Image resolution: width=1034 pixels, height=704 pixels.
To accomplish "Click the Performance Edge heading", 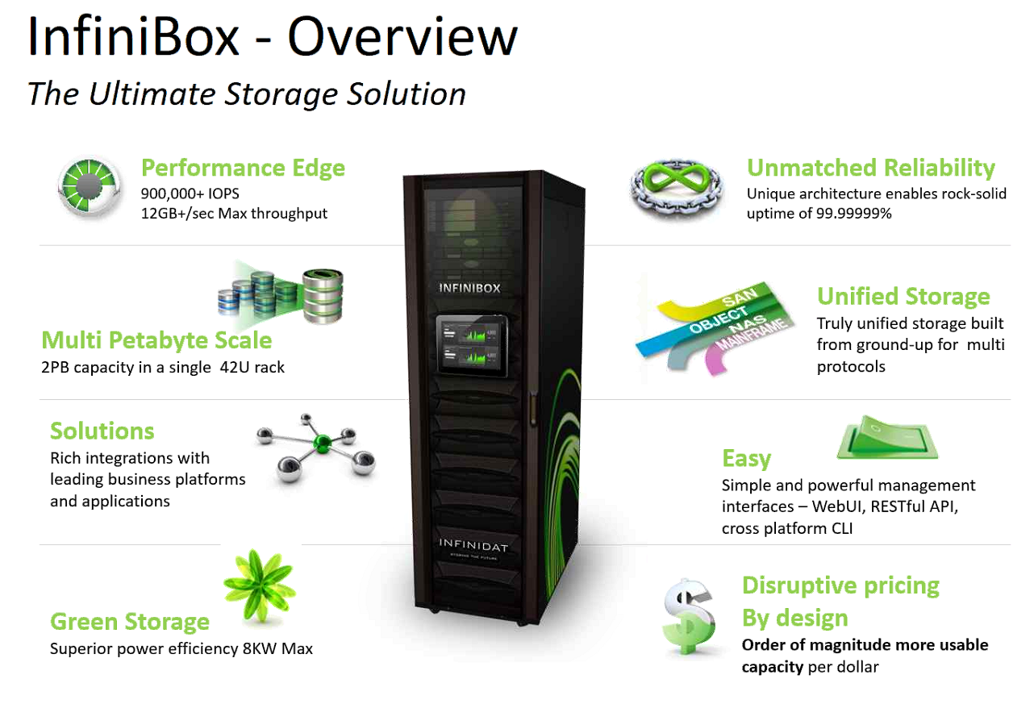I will tap(243, 168).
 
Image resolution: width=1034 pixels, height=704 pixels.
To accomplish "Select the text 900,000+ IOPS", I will tap(190, 194).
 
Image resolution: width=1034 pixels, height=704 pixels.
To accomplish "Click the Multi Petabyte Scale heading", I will tap(156, 340).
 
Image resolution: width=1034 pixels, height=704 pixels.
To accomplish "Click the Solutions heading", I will tap(102, 431).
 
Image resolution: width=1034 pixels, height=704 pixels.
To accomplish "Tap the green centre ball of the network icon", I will tap(322, 442).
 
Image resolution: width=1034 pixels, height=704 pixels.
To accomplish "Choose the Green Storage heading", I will tap(130, 622).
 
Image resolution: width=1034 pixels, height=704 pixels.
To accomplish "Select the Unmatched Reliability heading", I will tap(871, 168).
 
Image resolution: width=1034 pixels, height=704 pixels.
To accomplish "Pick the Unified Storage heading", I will tap(903, 296).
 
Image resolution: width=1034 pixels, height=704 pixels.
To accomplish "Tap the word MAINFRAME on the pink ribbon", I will tap(730, 347).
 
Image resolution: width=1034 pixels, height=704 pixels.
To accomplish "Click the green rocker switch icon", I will tap(887, 439).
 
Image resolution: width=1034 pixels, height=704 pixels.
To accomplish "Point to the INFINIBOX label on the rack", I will tap(469, 287).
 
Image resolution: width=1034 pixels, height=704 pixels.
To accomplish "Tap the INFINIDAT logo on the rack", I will tap(473, 546).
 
